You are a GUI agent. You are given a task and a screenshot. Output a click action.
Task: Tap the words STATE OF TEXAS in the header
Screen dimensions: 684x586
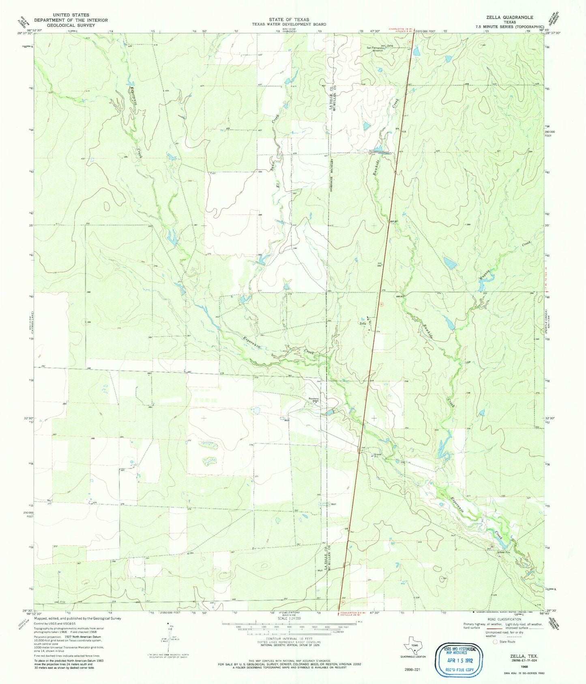pyautogui.click(x=288, y=19)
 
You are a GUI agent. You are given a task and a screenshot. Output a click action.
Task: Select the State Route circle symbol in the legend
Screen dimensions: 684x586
pyautogui.click(x=494, y=641)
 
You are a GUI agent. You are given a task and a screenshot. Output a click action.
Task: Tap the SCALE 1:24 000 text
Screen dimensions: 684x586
pyautogui.click(x=289, y=619)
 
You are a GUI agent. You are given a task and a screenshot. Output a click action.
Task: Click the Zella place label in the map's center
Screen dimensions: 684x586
pyautogui.click(x=363, y=323)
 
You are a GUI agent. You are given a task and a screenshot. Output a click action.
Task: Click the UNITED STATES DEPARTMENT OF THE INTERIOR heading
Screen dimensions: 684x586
pyautogui.click(x=71, y=20)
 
